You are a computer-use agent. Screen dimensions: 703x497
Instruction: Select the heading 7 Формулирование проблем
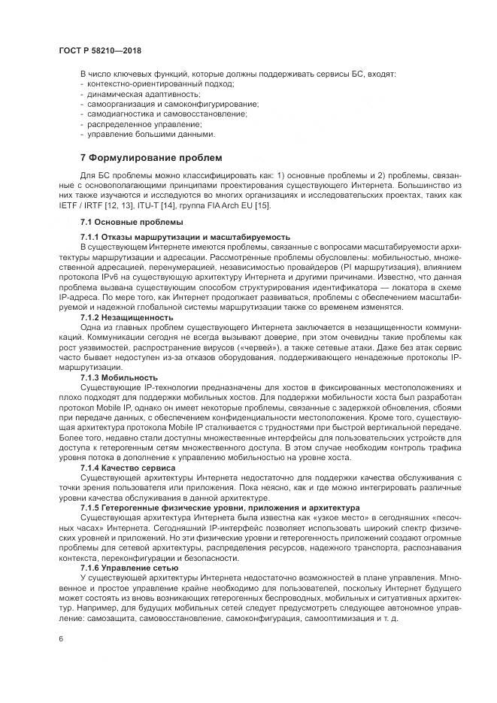coord(151,159)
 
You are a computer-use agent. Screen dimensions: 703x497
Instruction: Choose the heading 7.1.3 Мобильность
coord(119,377)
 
